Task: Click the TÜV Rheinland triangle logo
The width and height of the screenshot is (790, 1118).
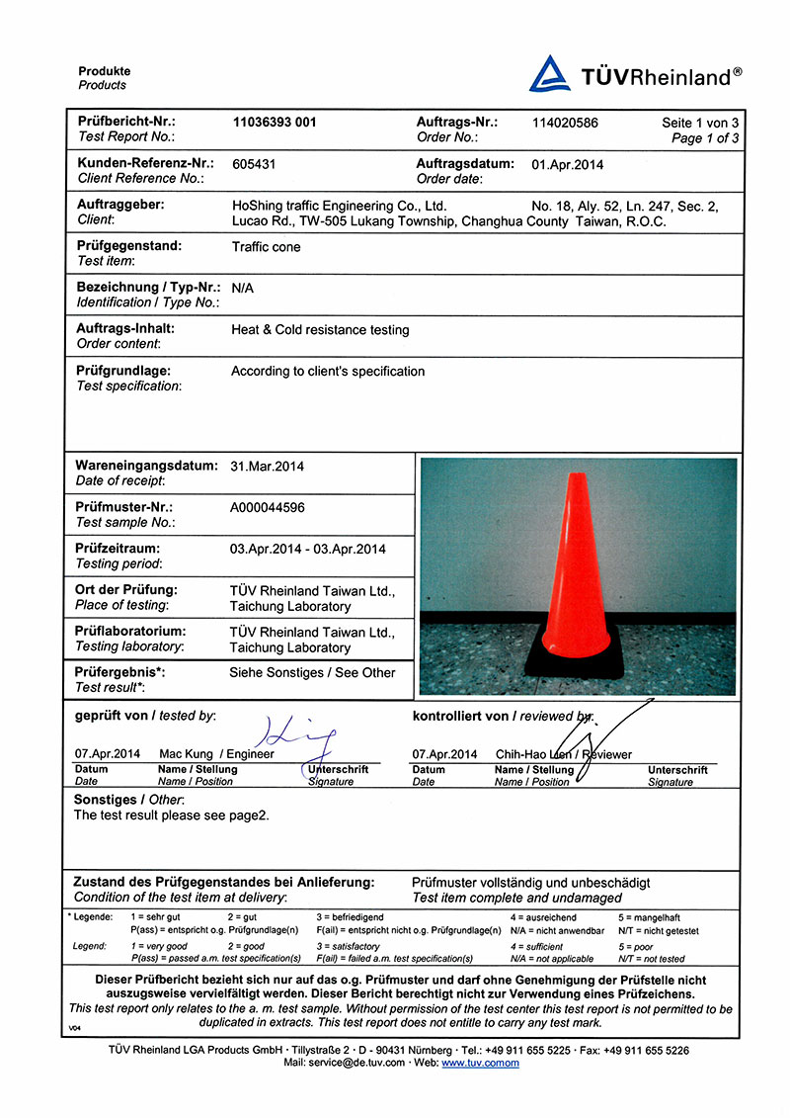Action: pyautogui.click(x=550, y=74)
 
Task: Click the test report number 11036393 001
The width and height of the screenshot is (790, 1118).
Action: pyautogui.click(x=275, y=123)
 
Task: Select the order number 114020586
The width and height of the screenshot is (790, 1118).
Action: pyautogui.click(x=565, y=123)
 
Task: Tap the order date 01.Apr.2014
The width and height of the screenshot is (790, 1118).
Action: pyautogui.click(x=568, y=165)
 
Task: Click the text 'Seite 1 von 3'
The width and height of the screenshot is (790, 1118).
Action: pyautogui.click(x=700, y=123)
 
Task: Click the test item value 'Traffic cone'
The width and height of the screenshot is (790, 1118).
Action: pyautogui.click(x=266, y=247)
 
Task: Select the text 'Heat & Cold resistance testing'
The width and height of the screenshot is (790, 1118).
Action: pyautogui.click(x=320, y=330)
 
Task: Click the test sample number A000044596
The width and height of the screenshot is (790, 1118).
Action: pyautogui.click(x=268, y=507)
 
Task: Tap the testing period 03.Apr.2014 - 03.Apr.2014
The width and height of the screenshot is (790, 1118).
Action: pyautogui.click(x=308, y=550)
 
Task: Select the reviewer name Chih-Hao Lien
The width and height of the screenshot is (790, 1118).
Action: pyautogui.click(x=533, y=754)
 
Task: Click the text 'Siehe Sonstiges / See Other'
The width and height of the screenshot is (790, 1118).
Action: pyautogui.click(x=312, y=673)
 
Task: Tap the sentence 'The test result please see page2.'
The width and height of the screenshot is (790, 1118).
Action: pyautogui.click(x=171, y=816)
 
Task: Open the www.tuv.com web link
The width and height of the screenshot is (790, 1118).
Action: pyautogui.click(x=480, y=1063)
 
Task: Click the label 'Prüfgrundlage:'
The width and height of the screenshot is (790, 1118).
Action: pyautogui.click(x=123, y=372)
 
